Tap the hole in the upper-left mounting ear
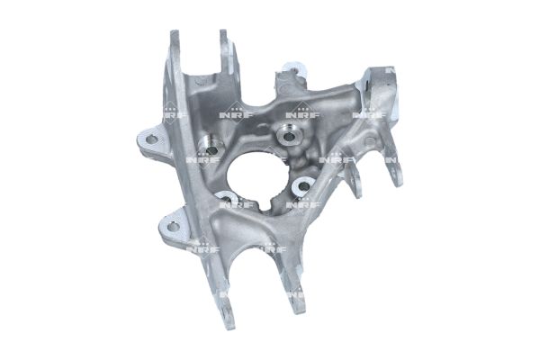coord(151,139)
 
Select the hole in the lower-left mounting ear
coord(173,226)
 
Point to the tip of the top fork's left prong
coord(175,33)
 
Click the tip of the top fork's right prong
coord(223,32)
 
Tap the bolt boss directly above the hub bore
coord(288,136)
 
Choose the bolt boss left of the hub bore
coord(211,147)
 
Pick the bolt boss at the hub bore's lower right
coord(303,186)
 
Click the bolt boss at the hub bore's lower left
coord(228,199)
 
